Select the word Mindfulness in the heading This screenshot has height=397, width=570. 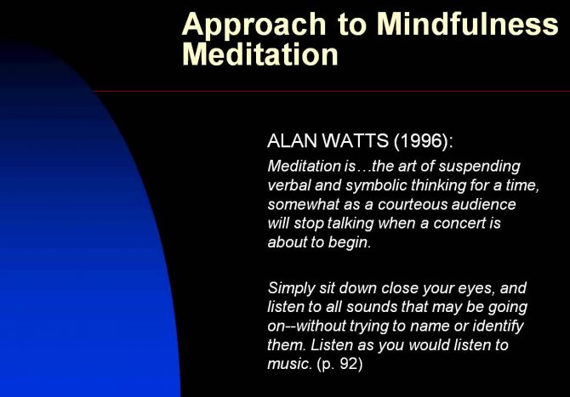(468, 23)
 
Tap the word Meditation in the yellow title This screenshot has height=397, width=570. (260, 54)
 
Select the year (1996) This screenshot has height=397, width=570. (424, 141)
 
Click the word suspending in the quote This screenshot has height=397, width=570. (480, 167)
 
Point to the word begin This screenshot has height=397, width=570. (350, 242)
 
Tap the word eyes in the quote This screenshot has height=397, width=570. (476, 289)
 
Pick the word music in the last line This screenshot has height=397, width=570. (290, 364)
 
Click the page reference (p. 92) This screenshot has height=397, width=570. (339, 364)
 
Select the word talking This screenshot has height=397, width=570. (351, 224)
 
